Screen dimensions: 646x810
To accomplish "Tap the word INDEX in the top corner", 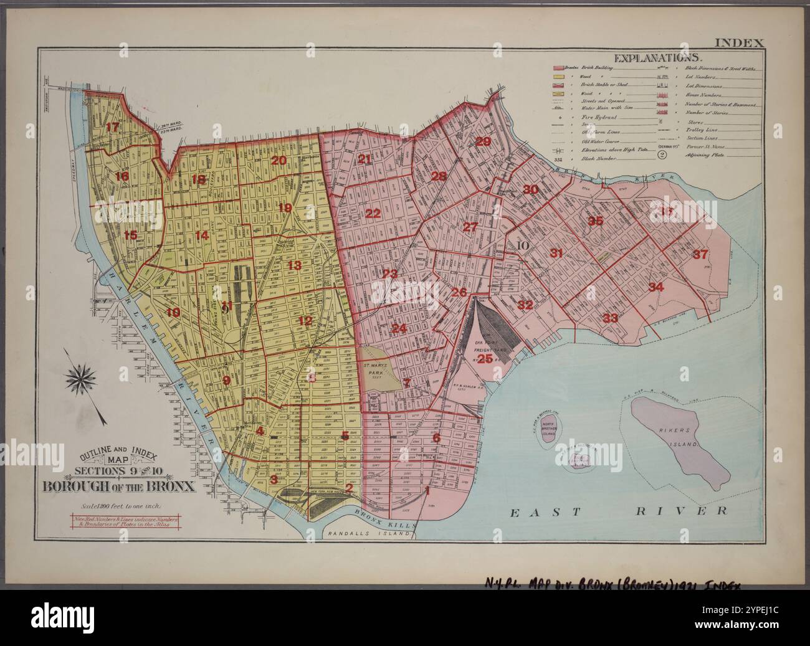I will click(x=738, y=43).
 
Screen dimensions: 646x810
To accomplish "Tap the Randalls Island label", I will click(x=369, y=533).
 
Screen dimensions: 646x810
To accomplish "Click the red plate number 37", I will click(x=700, y=254).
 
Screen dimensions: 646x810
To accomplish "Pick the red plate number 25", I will click(x=485, y=359).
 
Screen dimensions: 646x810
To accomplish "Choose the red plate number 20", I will click(x=278, y=160).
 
